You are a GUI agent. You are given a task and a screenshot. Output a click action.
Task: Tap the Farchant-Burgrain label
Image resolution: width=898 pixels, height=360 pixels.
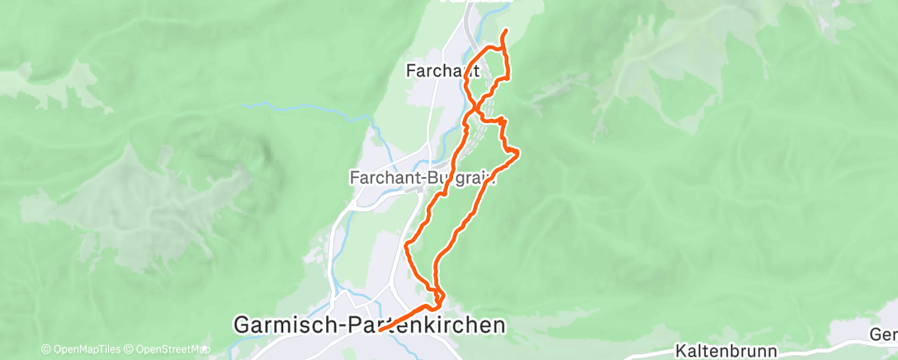pyautogui.click(x=422, y=177)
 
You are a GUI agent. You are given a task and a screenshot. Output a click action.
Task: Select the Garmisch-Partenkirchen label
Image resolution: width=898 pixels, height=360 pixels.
pyautogui.click(x=369, y=324)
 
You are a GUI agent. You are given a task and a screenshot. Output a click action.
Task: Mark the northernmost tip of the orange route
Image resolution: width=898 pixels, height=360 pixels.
pyautogui.click(x=504, y=31)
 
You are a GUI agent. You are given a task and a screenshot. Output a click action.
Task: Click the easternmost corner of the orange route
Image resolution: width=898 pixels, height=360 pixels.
pyautogui.click(x=518, y=152)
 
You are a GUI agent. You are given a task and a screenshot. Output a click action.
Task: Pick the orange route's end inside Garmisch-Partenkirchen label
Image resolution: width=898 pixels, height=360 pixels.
pyautogui.click(x=380, y=330)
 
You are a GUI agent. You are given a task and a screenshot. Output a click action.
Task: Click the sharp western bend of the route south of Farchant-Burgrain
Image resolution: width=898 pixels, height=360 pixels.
pyautogui.click(x=406, y=244)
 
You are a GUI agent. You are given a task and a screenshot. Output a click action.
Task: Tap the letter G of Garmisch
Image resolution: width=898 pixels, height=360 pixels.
pyautogui.click(x=243, y=324)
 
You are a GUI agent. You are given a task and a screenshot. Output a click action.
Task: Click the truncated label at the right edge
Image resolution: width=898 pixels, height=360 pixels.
pyautogui.click(x=883, y=334)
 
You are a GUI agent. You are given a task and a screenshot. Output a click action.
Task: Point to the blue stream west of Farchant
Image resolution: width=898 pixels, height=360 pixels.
pyautogui.click(x=272, y=105)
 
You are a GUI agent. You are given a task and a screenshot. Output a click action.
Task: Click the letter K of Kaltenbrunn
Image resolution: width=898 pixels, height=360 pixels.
pyautogui.click(x=681, y=350)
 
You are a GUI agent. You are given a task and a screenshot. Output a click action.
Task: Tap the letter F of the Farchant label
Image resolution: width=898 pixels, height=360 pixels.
pyautogui.click(x=411, y=71)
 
